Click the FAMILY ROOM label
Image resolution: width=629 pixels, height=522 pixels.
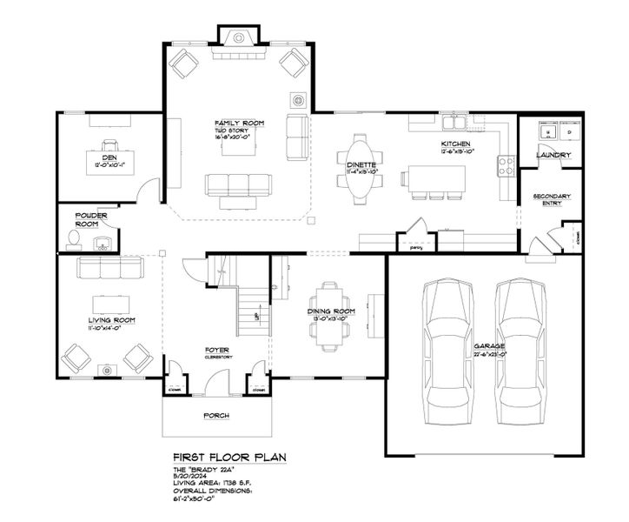pos(238,124)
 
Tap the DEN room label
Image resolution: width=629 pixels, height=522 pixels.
pos(109,157)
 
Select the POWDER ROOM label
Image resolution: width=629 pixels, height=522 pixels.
pos(91,219)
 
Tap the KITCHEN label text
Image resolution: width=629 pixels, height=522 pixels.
pos(456,143)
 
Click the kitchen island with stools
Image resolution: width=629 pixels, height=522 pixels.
pos(433,178)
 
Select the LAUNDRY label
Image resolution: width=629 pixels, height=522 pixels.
pos(553,156)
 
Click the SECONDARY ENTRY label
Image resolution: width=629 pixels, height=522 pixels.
pos(552,201)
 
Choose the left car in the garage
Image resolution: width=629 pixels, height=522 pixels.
pos(449,343)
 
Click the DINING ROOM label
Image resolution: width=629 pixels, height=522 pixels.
pos(331,311)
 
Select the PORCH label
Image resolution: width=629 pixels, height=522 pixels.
pos(215,416)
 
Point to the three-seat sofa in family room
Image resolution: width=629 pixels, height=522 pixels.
pos(238,184)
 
